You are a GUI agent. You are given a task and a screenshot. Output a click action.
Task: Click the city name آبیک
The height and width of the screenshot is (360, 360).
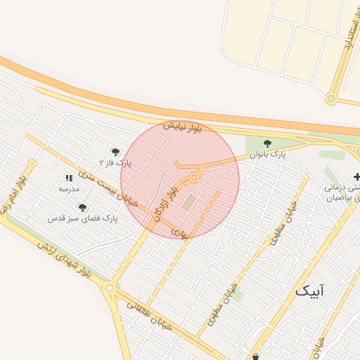[x=311, y=290]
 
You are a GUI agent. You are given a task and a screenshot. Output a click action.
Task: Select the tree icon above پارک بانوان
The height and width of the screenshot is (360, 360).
[x=266, y=144]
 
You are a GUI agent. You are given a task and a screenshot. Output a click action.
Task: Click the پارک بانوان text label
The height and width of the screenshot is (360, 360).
[x=269, y=155]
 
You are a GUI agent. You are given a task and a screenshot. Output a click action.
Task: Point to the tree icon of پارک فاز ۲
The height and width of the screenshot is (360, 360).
[x=115, y=152]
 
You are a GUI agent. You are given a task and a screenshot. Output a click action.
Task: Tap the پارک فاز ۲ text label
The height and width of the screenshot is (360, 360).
[x=115, y=162]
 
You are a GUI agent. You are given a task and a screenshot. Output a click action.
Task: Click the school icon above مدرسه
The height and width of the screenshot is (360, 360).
[x=69, y=179]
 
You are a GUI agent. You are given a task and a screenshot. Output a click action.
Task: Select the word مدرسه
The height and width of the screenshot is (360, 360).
[x=69, y=189]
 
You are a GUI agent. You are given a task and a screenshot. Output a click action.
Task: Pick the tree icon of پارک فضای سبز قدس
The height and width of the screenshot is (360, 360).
[x=82, y=207]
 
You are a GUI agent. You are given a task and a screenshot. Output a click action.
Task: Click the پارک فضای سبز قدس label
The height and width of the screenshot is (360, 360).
[x=82, y=219]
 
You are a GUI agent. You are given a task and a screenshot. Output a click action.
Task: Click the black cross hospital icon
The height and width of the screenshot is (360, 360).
[x=356, y=176]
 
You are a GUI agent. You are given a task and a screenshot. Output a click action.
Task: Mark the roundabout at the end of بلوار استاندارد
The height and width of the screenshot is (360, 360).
[x=330, y=98]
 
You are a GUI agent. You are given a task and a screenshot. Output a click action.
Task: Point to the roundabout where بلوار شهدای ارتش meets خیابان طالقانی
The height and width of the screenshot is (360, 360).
[x=108, y=287]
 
